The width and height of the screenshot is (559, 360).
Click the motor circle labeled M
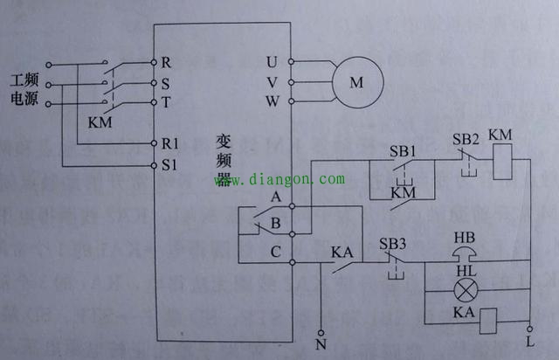tap(355, 83)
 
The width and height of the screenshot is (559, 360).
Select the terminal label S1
tap(168, 163)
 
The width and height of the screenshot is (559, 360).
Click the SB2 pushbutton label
tap(466, 140)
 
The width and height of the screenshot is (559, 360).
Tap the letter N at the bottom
tap(321, 343)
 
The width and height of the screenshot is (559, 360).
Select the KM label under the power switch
tap(101, 123)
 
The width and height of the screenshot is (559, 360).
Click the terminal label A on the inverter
tap(276, 197)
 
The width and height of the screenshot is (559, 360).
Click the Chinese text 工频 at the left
tap(24, 80)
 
